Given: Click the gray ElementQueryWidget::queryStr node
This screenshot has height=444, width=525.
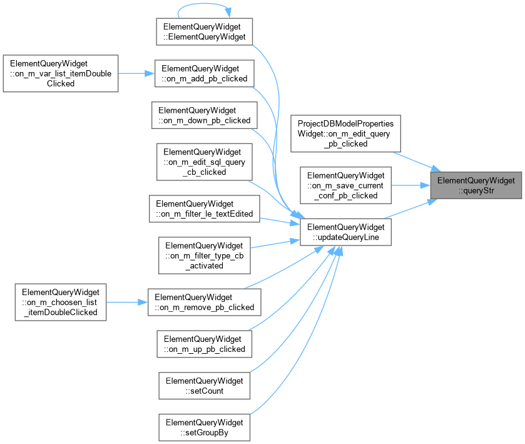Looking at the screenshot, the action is pos(476,185).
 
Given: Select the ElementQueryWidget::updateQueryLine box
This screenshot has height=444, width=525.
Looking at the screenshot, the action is pos(345,232).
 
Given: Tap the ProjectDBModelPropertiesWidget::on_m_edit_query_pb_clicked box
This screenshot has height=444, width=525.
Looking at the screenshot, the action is pos(345,133).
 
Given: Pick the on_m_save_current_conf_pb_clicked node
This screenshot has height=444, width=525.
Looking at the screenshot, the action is pos(345,185).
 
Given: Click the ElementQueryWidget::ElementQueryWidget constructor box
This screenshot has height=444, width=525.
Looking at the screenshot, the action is pos(204,32).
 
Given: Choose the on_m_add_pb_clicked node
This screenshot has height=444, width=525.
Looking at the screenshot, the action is pos(204,73).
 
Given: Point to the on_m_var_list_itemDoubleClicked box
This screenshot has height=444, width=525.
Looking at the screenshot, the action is pos(61,73).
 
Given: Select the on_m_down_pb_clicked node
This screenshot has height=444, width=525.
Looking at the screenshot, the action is pos(204,115).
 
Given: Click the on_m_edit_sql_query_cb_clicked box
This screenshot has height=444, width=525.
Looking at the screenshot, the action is pos(204,162).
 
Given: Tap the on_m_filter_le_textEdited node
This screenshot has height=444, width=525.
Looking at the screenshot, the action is pos(204,209).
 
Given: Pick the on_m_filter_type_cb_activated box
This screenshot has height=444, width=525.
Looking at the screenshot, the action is pos(204,256).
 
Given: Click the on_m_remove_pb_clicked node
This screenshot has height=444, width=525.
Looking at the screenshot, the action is pos(204,302).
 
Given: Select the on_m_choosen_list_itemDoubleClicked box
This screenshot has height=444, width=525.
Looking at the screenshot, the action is pos(61,302).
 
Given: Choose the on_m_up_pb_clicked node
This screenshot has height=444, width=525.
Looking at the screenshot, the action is pos(204,344).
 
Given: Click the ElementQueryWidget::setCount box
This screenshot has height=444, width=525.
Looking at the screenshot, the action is pos(204,386).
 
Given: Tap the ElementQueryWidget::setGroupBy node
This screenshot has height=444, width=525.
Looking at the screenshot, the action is pos(204,427).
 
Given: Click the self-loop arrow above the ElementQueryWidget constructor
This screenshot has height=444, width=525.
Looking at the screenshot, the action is pos(204,4).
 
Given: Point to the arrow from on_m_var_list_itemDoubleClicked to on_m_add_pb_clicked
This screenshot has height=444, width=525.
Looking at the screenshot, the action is pos(136,73).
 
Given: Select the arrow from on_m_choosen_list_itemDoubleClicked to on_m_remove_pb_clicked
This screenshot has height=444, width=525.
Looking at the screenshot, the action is pos(127,302).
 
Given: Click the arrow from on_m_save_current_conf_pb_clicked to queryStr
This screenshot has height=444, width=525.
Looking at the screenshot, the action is pos(411,185).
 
